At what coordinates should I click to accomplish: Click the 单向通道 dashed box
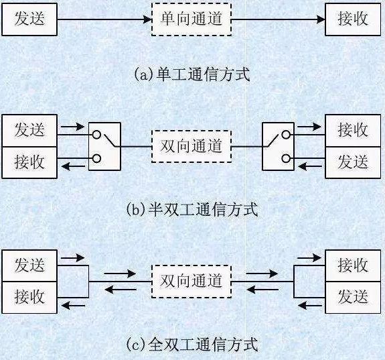pos(191,19)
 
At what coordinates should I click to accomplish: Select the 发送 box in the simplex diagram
pos(29,19)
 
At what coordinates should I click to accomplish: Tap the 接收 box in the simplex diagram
pos(353,19)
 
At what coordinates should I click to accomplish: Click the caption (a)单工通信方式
pos(192,74)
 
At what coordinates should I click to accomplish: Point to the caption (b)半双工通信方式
pos(192,209)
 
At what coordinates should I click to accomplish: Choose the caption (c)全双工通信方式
pos(192,345)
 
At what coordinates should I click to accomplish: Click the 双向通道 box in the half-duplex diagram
pos(191,146)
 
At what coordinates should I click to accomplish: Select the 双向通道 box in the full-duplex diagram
pos(191,282)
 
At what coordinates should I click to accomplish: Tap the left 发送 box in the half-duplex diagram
pos(29,131)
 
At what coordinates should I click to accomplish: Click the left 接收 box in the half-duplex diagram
pos(29,162)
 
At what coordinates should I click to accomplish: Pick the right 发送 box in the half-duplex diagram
pos(353,162)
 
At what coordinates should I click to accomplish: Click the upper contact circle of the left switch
pos(96,135)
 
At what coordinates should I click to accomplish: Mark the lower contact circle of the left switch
pos(96,158)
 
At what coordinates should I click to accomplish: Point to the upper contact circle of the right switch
pos(286,135)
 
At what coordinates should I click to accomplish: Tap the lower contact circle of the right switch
pos(286,158)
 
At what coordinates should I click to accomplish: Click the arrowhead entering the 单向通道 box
pos(147,19)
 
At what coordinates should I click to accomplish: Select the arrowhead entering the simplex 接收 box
pos(321,19)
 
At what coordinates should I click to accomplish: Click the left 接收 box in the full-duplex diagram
pos(29,297)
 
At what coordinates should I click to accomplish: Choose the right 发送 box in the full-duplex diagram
pos(353,297)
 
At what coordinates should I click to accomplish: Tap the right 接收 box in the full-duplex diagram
pos(353,265)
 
